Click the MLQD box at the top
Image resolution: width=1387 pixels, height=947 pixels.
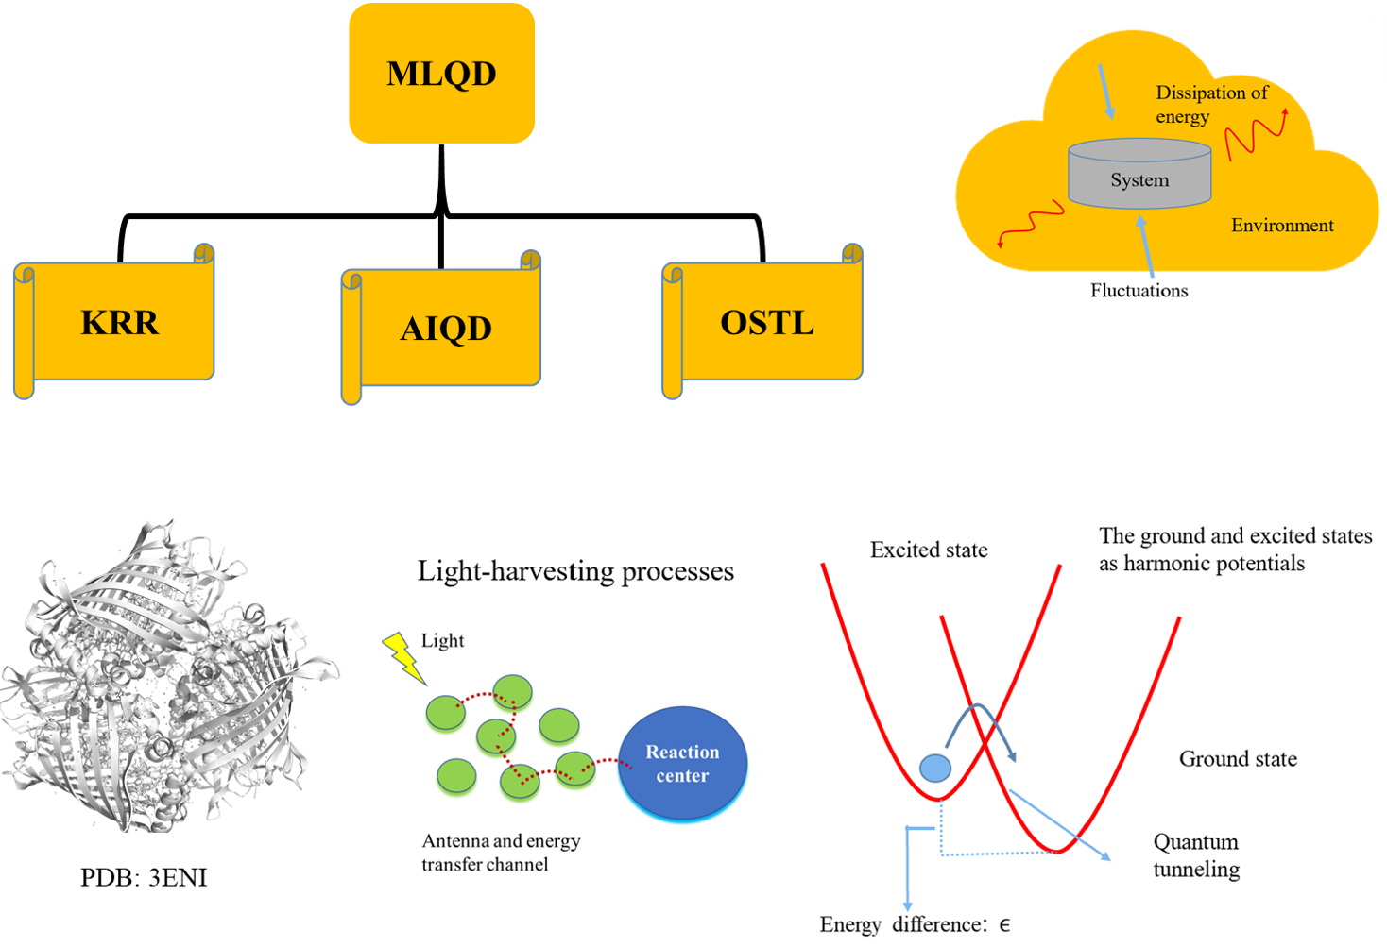click(442, 74)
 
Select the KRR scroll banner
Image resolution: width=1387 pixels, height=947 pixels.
click(120, 323)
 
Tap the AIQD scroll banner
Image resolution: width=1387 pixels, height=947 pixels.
click(446, 329)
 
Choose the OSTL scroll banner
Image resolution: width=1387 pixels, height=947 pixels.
click(767, 323)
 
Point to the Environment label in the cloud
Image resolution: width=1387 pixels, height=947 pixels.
click(1282, 226)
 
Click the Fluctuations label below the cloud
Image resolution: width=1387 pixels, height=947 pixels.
click(1139, 291)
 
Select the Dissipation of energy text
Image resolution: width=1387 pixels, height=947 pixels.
click(1210, 104)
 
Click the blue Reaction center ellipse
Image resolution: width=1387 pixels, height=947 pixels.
click(682, 764)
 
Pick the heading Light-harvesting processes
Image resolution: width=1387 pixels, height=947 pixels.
click(575, 571)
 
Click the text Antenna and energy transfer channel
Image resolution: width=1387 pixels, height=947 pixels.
click(500, 853)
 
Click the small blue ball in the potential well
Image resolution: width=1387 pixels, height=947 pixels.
click(935, 768)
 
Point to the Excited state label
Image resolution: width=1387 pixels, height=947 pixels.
click(929, 550)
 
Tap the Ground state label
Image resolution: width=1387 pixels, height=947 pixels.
click(1238, 759)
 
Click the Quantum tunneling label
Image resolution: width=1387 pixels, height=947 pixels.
click(1196, 855)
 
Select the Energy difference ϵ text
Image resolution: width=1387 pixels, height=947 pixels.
click(914, 924)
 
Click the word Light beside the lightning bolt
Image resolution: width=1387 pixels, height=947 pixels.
click(442, 641)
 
